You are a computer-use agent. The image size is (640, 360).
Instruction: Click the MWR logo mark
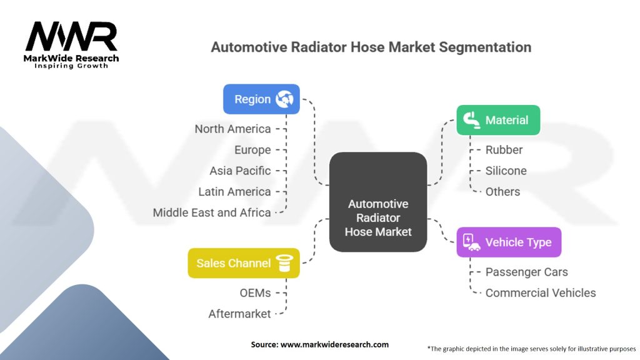pos(71,36)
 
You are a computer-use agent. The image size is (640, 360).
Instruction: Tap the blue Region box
pos(261,99)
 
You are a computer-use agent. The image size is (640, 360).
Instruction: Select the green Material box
pos(498,120)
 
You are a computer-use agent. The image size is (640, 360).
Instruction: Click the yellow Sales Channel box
pos(244,263)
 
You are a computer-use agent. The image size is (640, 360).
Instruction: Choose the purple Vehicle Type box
pos(509,242)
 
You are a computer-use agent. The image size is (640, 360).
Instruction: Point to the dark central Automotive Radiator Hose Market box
pos(378,202)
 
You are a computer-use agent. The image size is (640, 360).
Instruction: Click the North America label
pos(232,129)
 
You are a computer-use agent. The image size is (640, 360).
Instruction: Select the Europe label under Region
pos(252,150)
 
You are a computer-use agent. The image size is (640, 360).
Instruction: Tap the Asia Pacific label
pos(240,171)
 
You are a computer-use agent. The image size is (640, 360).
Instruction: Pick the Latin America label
pos(235,191)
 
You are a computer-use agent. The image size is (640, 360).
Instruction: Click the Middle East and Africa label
pos(212,212)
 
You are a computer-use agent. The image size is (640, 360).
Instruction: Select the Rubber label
pos(504,150)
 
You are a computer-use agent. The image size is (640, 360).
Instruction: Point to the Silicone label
pos(506,171)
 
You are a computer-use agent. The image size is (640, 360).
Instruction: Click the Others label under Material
pos(503,191)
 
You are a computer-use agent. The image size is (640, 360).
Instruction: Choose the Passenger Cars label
pos(526,272)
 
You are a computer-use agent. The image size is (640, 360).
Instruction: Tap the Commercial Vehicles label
pos(541,292)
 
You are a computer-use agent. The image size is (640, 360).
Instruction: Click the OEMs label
pos(255,292)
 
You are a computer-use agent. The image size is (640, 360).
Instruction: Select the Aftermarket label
pos(239,314)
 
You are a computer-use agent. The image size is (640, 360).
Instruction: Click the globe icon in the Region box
pos(284,99)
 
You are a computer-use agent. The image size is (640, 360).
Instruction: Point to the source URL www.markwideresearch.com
pos(335,344)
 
